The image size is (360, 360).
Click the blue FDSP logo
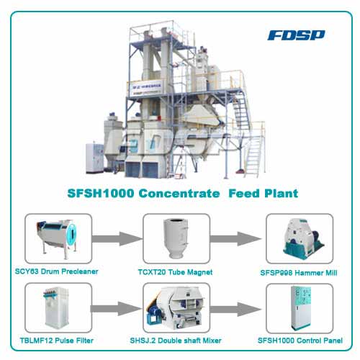(296, 35)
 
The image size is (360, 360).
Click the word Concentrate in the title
(179, 193)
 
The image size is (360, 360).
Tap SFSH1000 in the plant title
(101, 193)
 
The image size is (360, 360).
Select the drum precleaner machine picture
(58, 239)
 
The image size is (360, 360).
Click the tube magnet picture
(176, 238)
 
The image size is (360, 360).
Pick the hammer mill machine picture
(303, 239)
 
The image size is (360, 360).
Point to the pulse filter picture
(56, 307)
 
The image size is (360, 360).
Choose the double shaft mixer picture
(176, 308)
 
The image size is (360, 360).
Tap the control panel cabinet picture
(301, 308)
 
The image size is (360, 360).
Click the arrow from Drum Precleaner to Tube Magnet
(117, 239)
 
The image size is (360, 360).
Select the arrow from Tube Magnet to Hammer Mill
(235, 239)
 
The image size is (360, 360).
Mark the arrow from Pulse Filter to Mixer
(116, 309)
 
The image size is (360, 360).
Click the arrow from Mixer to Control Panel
(235, 310)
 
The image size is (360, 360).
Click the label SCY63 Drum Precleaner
(57, 271)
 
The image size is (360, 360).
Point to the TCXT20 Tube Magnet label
(175, 272)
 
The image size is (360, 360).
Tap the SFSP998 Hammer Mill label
(299, 273)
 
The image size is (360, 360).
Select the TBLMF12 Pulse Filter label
(57, 341)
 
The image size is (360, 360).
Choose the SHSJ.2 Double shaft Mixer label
(176, 341)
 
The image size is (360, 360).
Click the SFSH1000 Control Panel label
(300, 341)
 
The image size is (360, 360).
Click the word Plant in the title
(281, 193)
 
